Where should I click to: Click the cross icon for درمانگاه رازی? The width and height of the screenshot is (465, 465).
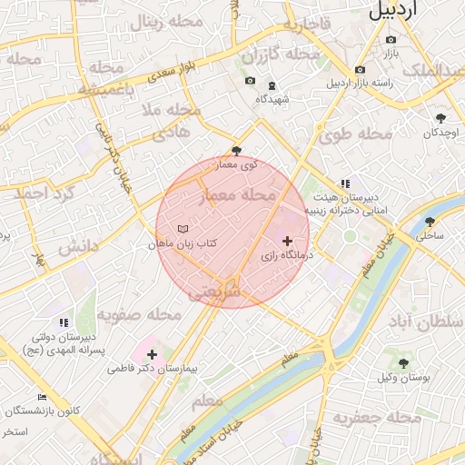click(x=288, y=241)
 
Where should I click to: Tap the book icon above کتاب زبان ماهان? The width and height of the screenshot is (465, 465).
click(x=183, y=229)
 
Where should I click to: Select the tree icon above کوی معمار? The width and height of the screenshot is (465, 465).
click(x=237, y=151)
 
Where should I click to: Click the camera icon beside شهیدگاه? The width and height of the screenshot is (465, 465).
click(x=250, y=82)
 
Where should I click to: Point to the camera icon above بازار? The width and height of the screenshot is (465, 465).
click(x=391, y=40)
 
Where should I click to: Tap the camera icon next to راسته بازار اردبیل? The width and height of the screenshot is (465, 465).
click(x=360, y=70)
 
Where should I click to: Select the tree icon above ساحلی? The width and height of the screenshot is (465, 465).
click(x=430, y=221)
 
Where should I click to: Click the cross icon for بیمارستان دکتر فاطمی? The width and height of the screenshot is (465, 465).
click(x=151, y=354)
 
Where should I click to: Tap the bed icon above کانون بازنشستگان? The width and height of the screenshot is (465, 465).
click(x=42, y=397)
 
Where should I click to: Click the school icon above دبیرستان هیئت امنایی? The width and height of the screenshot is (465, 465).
click(x=344, y=183)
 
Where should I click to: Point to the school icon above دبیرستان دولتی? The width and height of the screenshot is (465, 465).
click(x=63, y=322)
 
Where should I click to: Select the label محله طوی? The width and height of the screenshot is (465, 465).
click(x=355, y=134)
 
